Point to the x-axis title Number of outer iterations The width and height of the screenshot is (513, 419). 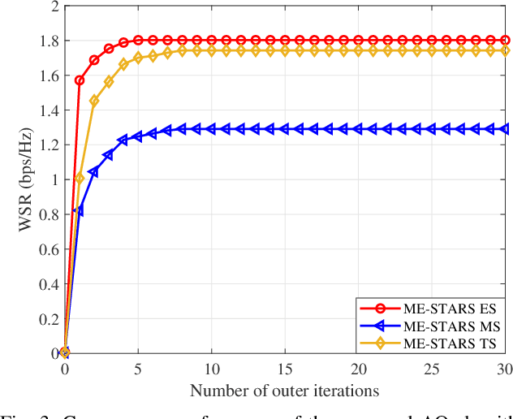tap(284, 391)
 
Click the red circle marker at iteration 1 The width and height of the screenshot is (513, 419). tap(80, 80)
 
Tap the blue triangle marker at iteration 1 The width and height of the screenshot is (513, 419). tap(79, 211)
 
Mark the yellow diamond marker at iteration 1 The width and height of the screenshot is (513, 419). tap(80, 178)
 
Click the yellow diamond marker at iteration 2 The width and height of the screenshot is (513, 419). tap(94, 102)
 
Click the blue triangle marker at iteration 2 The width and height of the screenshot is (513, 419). tap(93, 172)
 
